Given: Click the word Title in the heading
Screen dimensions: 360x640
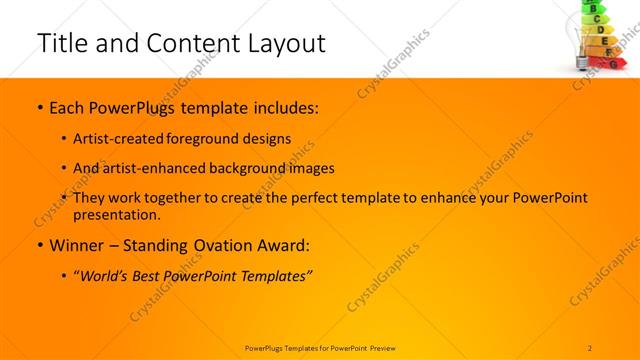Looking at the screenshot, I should (60, 43).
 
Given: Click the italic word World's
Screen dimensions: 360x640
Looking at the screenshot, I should (109, 276).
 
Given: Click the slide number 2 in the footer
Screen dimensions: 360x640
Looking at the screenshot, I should (590, 347).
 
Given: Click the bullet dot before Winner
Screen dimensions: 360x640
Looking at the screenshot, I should (39, 246).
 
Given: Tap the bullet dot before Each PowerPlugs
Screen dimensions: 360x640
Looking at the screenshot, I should (39, 107).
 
